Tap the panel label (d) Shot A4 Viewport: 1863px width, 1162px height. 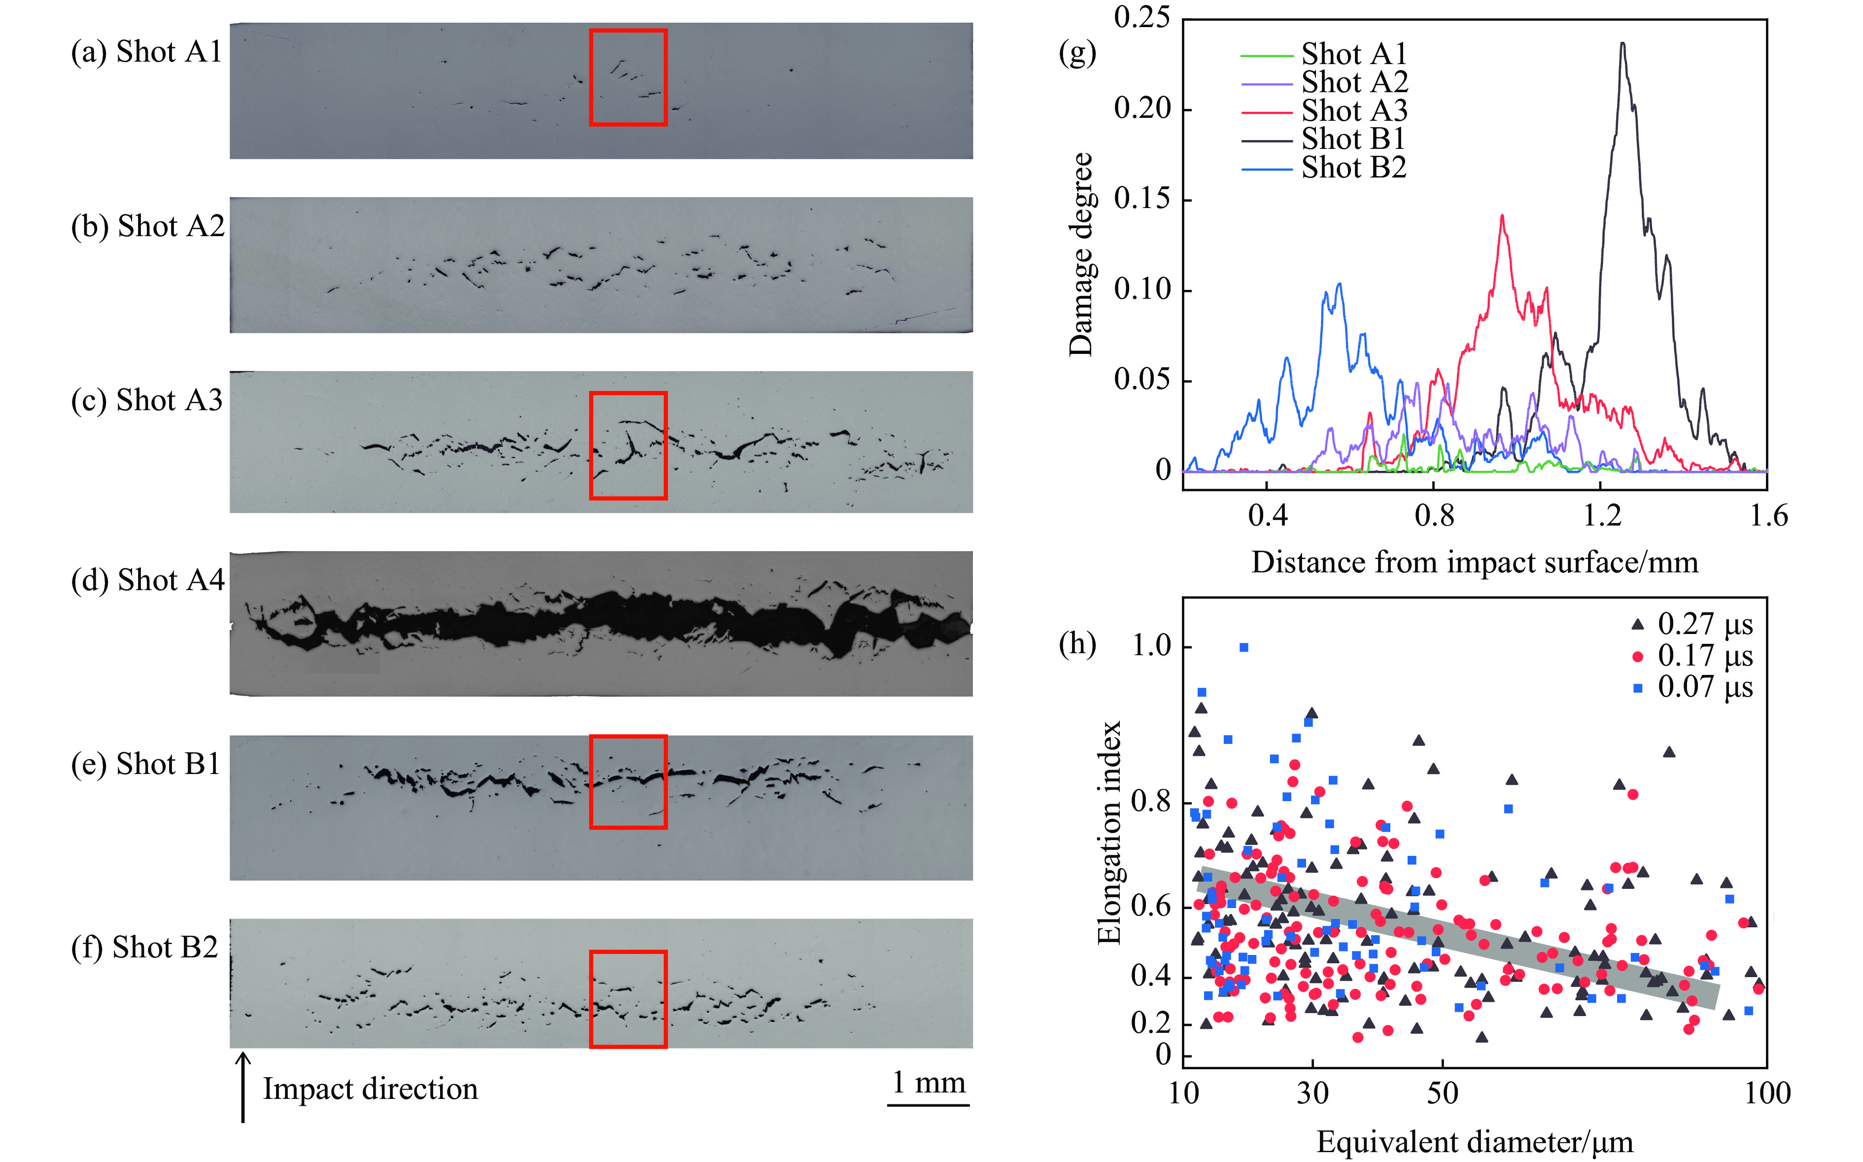tap(147, 580)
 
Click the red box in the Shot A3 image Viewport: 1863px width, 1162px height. tap(628, 446)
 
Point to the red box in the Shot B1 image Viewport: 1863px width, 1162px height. tap(628, 781)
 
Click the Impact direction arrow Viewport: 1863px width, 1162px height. tap(243, 1088)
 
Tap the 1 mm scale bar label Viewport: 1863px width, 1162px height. tap(928, 1082)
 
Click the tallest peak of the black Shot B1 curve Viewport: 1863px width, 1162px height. tap(1622, 44)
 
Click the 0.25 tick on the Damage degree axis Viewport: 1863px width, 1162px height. tap(1141, 17)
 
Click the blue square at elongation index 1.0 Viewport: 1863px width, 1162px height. tap(1244, 647)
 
